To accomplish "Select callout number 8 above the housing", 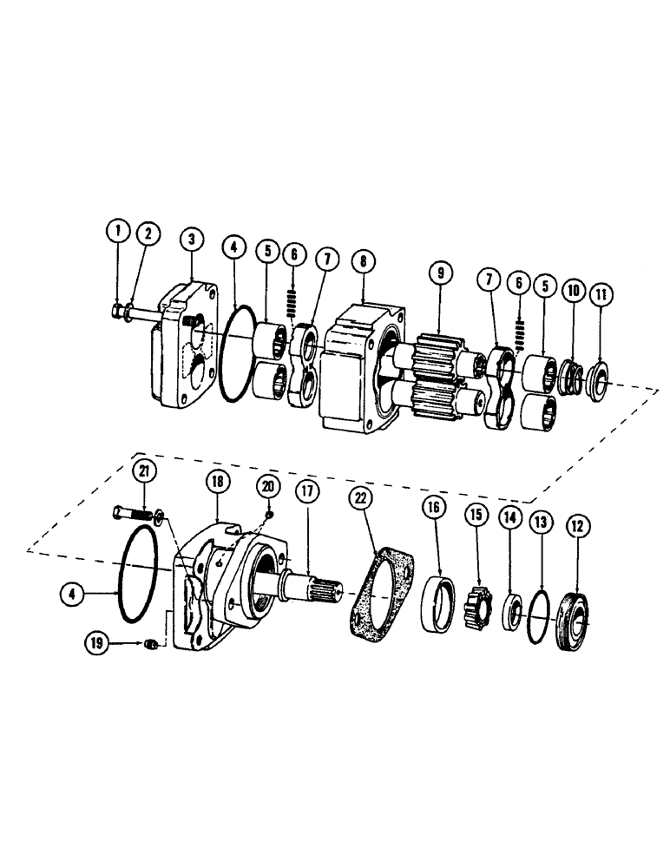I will click(x=362, y=259).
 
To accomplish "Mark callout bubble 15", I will click(x=475, y=514).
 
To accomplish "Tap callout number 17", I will click(x=305, y=489).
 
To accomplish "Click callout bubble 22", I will click(x=361, y=497).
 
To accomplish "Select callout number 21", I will click(x=145, y=471).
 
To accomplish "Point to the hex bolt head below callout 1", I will click(x=118, y=310).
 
